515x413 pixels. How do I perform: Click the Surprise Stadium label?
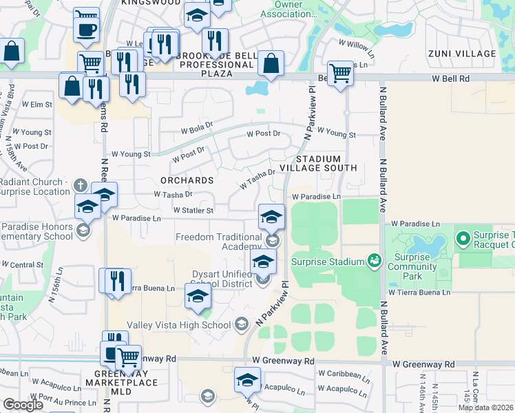pyautogui.click(x=327, y=262)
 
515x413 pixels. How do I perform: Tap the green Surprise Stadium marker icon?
pyautogui.click(x=375, y=260)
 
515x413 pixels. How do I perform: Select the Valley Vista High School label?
pyautogui.click(x=178, y=325)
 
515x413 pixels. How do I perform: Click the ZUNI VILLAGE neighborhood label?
pyautogui.click(x=471, y=54)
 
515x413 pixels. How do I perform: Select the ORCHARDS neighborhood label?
pyautogui.click(x=187, y=180)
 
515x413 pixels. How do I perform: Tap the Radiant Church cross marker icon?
pyautogui.click(x=80, y=185)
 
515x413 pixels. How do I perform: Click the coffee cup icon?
pyautogui.click(x=86, y=30)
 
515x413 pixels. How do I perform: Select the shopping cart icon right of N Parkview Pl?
pyautogui.click(x=339, y=72)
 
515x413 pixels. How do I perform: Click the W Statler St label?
pyautogui.click(x=193, y=210)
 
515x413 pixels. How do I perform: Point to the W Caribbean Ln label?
pyautogui.click(x=341, y=374)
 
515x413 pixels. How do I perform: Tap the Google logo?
pyautogui.click(x=23, y=405)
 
